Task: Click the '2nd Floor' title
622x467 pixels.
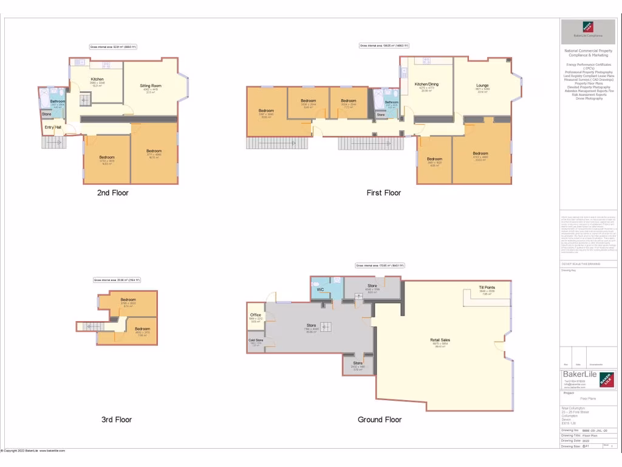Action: (x=113, y=193)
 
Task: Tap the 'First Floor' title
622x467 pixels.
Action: (x=384, y=193)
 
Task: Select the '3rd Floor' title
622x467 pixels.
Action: (x=117, y=420)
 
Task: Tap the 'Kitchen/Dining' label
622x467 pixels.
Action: (x=426, y=84)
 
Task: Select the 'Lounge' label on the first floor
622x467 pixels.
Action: (x=482, y=85)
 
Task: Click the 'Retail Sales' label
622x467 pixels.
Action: (x=440, y=340)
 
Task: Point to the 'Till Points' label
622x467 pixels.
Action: (x=487, y=287)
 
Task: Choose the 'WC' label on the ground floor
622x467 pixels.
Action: (x=320, y=289)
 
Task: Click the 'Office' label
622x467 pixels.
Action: (x=256, y=315)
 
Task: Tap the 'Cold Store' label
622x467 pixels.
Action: (x=256, y=340)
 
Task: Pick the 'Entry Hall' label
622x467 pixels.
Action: (x=53, y=127)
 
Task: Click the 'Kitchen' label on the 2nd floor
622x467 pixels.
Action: (x=97, y=80)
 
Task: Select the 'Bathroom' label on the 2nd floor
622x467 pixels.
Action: (x=58, y=102)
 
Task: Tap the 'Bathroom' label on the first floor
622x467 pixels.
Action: (x=391, y=102)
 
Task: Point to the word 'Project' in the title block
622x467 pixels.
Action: (x=569, y=393)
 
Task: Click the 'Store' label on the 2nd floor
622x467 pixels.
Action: (x=47, y=114)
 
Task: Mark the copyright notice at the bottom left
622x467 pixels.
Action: (x=33, y=451)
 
